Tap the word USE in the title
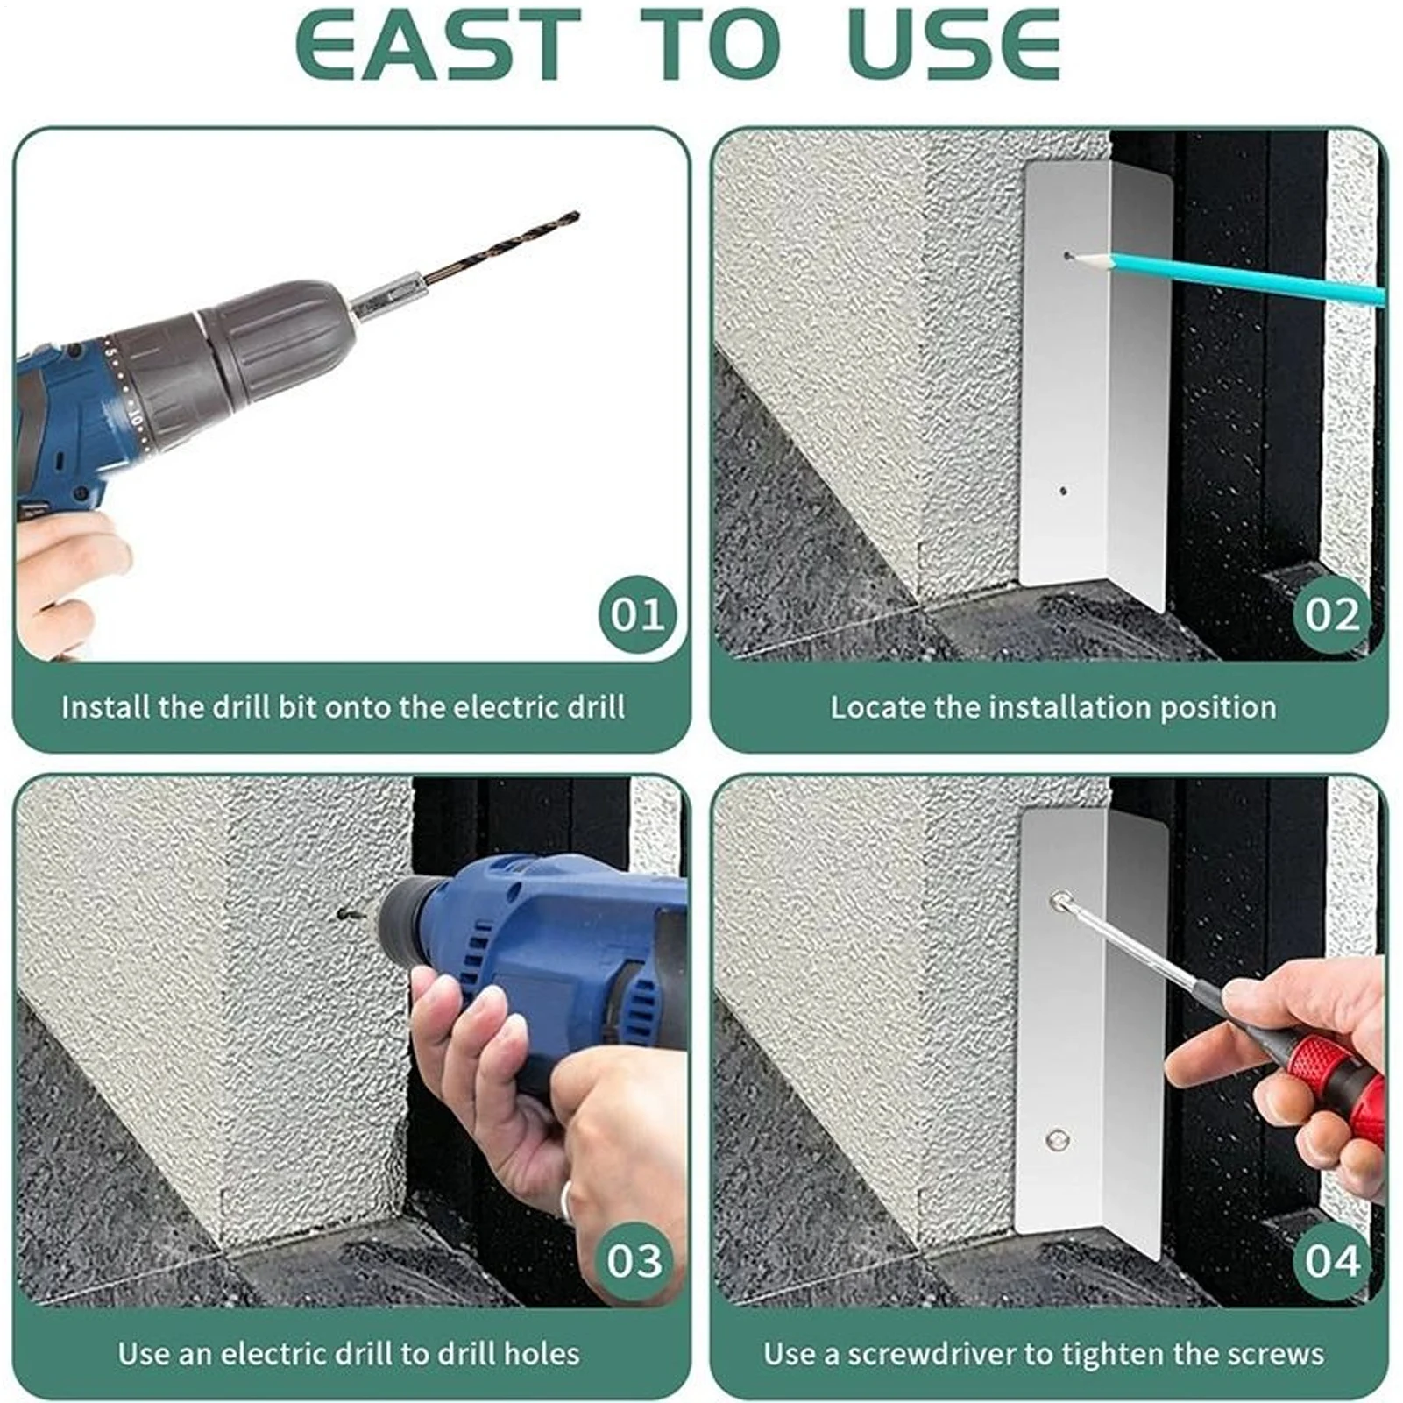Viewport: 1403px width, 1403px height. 954,45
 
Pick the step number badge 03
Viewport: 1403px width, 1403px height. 634,1260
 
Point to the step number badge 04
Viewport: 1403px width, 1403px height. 1332,1260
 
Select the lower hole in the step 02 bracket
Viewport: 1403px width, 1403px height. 1063,492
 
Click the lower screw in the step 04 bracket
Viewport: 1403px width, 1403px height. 1057,1140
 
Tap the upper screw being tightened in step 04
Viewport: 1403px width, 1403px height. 1060,900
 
